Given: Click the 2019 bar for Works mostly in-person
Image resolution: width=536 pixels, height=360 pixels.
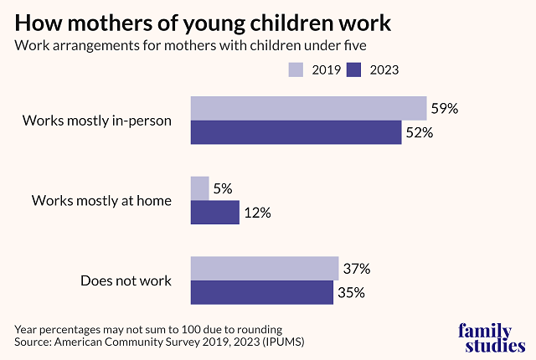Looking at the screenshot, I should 309,109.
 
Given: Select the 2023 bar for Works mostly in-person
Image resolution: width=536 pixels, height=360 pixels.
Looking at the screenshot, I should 296,132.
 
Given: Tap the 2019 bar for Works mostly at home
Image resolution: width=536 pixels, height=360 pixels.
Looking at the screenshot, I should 199,188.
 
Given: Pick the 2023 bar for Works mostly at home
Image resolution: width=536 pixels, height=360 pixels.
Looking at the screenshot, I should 215,212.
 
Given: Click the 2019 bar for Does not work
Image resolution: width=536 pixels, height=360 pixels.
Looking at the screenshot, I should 264,269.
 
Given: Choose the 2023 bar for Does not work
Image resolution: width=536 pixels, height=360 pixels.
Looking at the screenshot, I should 261,292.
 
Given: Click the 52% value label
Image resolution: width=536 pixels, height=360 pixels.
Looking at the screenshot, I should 420,132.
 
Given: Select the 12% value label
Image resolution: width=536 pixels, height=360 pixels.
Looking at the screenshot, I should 258,213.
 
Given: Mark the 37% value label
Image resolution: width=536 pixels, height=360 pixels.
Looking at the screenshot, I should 357,269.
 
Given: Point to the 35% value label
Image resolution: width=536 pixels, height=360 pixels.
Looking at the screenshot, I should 352,293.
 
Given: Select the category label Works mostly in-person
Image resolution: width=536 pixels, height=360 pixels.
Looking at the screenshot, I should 97,121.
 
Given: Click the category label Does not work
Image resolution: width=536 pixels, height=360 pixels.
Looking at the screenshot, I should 126,280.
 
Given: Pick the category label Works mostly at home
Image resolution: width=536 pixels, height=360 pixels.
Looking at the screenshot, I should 101,201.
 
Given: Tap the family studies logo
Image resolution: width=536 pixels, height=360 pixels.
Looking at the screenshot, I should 492,337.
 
